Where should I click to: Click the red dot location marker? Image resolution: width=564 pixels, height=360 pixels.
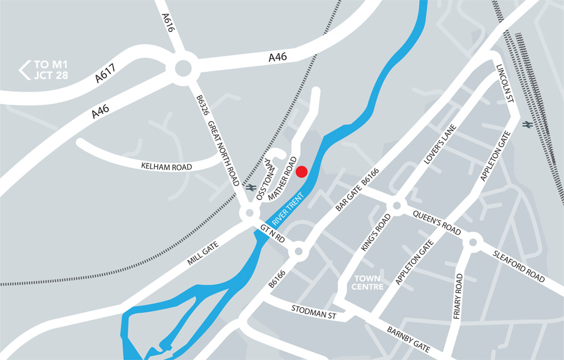click(x=301, y=171)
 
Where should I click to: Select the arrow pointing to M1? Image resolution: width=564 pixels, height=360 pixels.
click(x=25, y=70)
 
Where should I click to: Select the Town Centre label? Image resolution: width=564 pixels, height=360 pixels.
click(x=368, y=282)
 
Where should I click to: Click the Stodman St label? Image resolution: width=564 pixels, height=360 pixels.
click(x=314, y=310)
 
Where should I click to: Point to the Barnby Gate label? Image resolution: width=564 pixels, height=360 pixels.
click(x=409, y=339)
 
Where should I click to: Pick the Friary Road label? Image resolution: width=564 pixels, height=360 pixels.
click(x=458, y=296)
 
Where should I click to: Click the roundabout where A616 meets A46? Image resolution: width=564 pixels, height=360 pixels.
click(x=183, y=68)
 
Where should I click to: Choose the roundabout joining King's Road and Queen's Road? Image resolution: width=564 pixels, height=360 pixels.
click(x=396, y=206)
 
